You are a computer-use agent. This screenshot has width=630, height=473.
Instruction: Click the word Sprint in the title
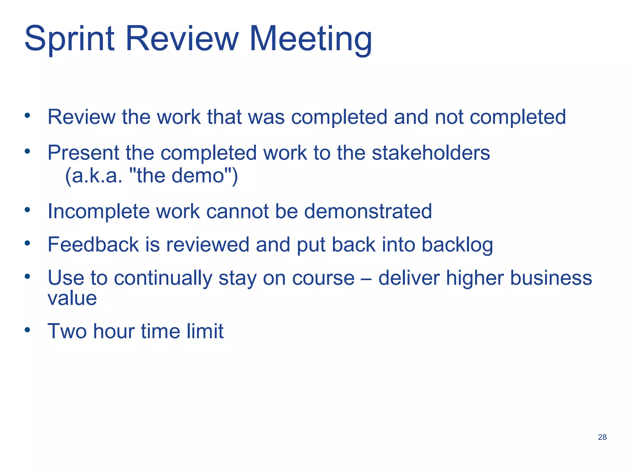pyautogui.click(x=70, y=39)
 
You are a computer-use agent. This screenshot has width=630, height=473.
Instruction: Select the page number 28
pyautogui.click(x=602, y=437)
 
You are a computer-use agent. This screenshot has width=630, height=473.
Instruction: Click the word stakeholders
pyautogui.click(x=431, y=153)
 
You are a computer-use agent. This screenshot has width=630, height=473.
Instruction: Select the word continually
pyautogui.click(x=163, y=278)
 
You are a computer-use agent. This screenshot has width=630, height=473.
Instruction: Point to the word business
pyautogui.click(x=551, y=278)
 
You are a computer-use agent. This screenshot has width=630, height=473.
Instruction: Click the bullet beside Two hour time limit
pyautogui.click(x=28, y=330)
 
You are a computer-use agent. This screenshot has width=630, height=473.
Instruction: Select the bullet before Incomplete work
pyautogui.click(x=28, y=210)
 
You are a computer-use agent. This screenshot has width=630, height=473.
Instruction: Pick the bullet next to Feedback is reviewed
pyautogui.click(x=28, y=243)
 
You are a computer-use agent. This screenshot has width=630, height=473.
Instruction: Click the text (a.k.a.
pyautogui.click(x=94, y=176)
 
